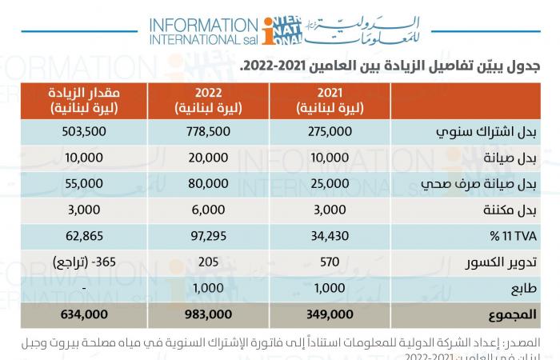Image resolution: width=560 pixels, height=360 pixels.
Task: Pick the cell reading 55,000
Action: [81, 183]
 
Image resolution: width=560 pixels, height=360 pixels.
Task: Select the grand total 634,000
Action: [81, 314]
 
